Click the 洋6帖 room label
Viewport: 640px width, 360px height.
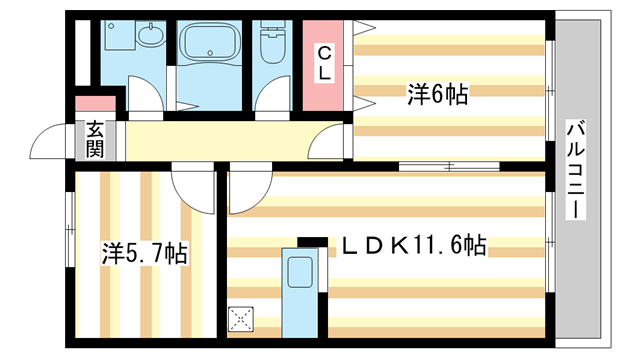click(437, 95)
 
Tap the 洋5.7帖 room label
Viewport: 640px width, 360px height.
click(144, 253)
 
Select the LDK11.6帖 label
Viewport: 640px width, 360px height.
click(413, 245)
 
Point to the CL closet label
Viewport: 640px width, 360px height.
click(324, 63)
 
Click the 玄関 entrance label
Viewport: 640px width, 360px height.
click(94, 140)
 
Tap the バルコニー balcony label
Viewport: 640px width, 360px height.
click(576, 170)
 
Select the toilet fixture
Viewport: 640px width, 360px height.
click(272, 42)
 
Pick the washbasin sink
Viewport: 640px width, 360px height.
click(151, 35)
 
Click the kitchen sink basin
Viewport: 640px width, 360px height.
click(300, 273)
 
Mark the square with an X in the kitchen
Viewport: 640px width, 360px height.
click(241, 319)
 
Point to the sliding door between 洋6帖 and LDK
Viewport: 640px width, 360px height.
click(449, 166)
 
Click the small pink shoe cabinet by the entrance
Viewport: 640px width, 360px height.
click(96, 103)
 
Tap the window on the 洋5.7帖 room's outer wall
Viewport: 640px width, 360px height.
click(70, 230)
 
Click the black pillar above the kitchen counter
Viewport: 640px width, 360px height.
click(313, 242)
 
